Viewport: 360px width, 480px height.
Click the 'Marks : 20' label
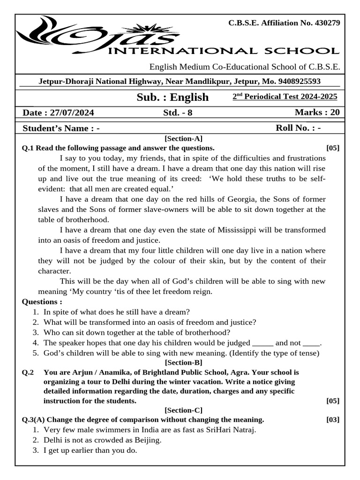(317, 112)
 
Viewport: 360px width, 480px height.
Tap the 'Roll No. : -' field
(298, 128)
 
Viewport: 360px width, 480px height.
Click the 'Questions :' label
(42, 302)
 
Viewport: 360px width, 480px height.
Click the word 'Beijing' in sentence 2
(148, 440)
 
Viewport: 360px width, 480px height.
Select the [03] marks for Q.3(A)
(333, 419)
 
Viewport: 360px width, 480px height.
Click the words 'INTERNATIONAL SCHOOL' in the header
(223, 51)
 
